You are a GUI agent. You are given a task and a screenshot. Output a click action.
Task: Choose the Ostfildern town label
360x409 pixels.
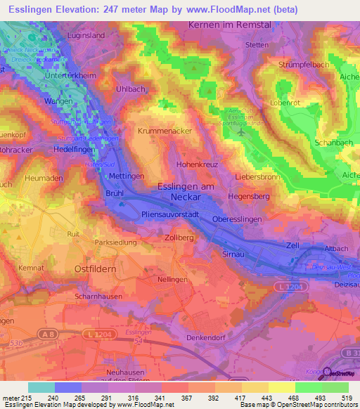[98, 268]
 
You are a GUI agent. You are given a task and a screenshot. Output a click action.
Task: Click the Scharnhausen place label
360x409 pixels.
[98, 297]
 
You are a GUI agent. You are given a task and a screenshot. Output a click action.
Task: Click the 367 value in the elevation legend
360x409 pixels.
[187, 398]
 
